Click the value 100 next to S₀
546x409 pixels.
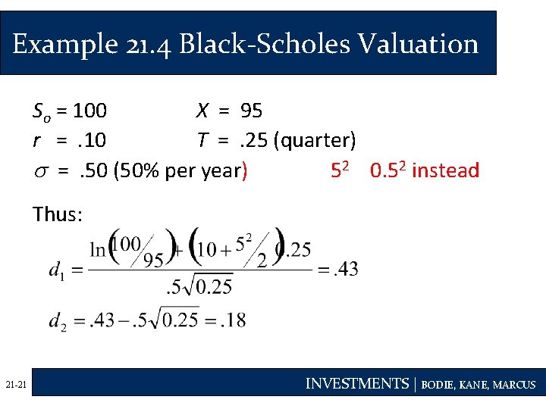91,111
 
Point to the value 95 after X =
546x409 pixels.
251,111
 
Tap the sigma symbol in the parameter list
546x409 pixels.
39,171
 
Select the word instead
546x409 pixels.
446,170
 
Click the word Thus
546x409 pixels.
58,214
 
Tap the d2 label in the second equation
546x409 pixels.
57,320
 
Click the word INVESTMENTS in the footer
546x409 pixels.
356,384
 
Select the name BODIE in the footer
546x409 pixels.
439,385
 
